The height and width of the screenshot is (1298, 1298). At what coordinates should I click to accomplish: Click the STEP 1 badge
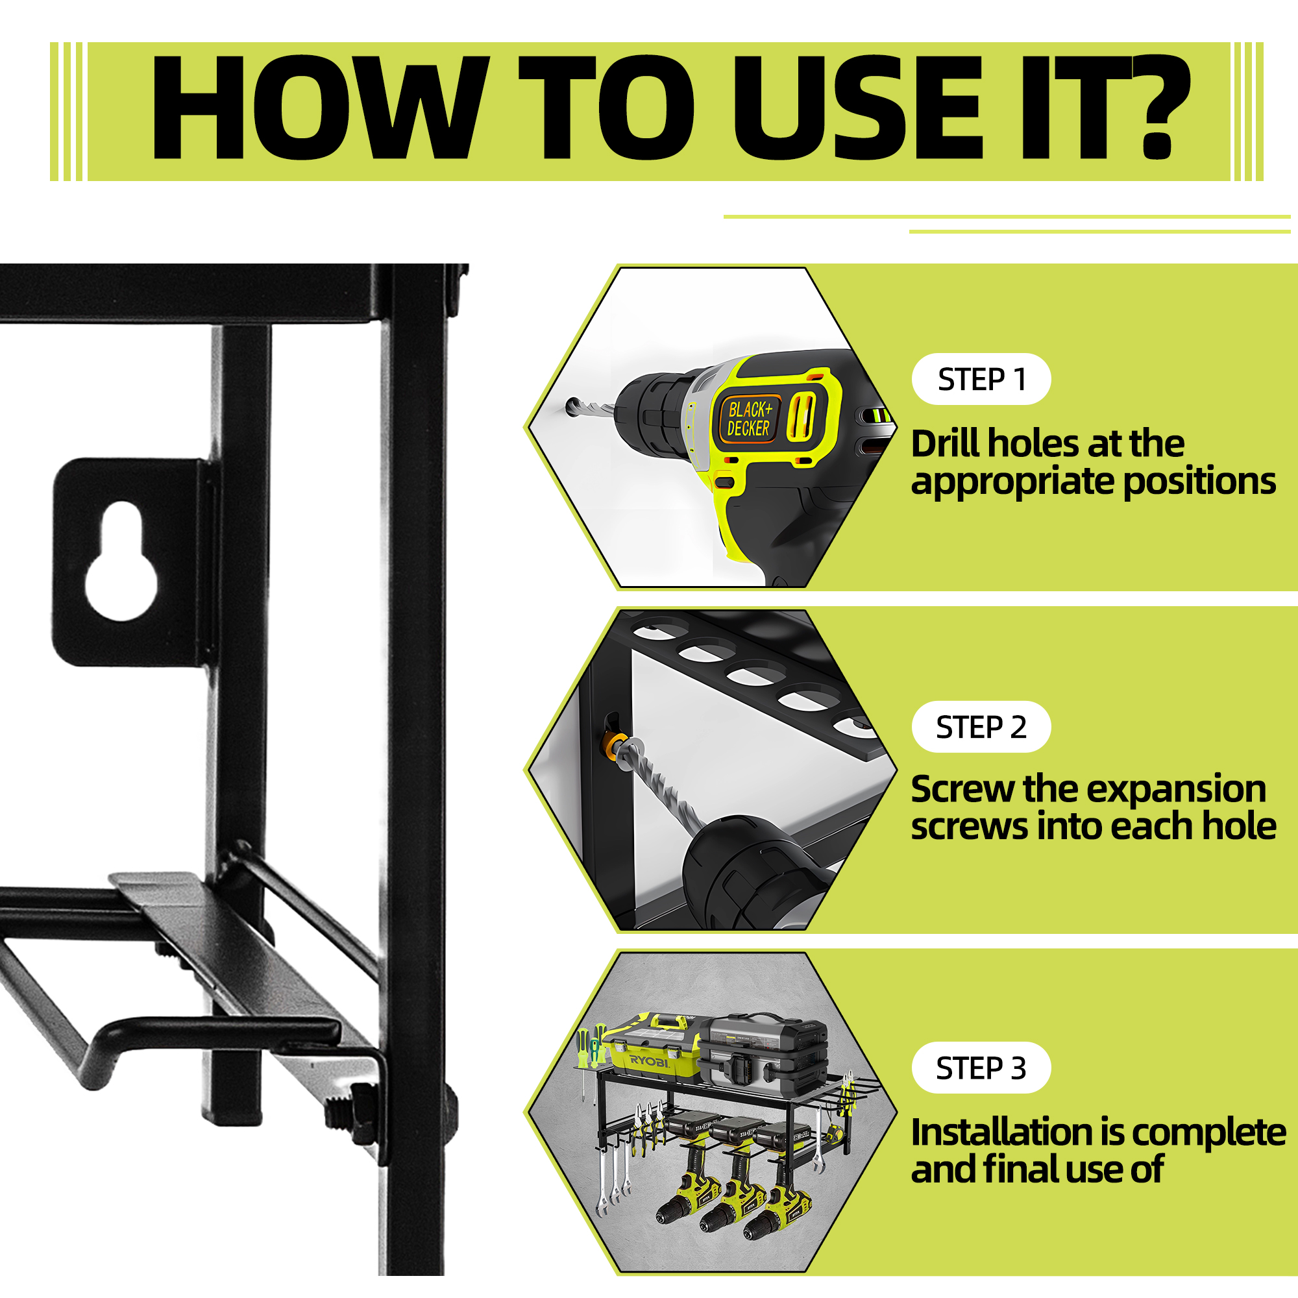coord(981,379)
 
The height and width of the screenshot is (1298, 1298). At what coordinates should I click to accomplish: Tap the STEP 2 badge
coord(981,727)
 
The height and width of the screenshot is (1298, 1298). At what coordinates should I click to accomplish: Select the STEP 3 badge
coord(981,1068)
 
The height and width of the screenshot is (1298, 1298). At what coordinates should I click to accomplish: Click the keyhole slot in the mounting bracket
coord(121,560)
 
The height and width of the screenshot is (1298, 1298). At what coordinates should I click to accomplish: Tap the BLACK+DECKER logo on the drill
coord(749,419)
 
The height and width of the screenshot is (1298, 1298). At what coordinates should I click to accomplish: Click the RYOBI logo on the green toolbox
coord(649,1062)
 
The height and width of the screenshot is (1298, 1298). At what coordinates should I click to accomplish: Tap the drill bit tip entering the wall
coord(571,405)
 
